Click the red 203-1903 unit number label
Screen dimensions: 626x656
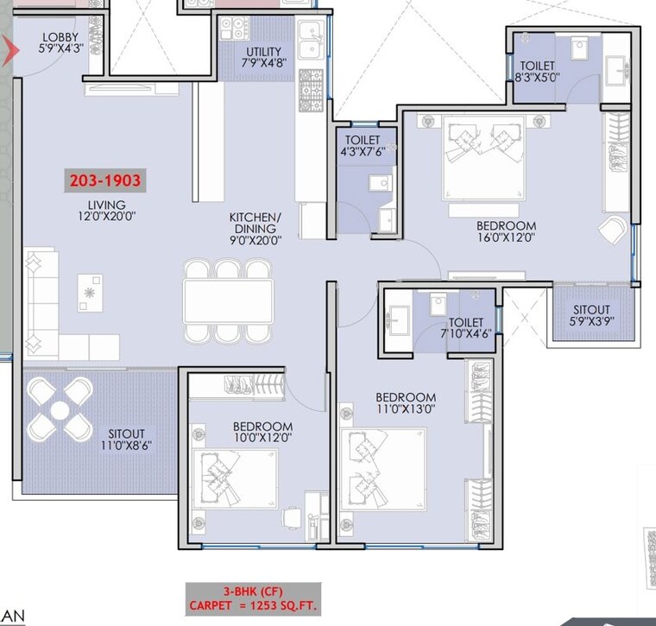104,181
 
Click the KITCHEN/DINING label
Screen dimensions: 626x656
255,223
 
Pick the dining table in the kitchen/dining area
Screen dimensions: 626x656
228,301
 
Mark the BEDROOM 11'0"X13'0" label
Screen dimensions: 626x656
405,403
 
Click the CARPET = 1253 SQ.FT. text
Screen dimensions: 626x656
253,605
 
